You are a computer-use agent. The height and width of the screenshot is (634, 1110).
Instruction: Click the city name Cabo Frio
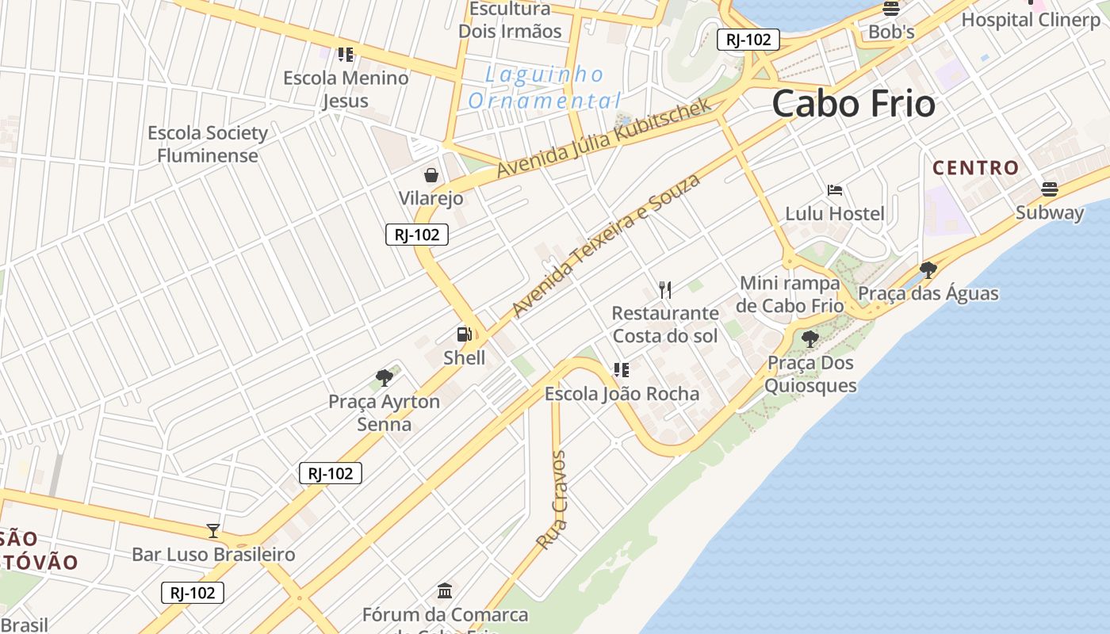(x=853, y=104)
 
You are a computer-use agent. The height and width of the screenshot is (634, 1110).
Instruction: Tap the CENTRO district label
(x=975, y=168)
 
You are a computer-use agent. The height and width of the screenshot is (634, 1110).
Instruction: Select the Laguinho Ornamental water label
(x=544, y=88)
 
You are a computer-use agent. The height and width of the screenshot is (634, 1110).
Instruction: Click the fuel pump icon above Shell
(x=465, y=335)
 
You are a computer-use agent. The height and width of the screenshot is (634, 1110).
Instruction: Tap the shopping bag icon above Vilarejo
(x=431, y=174)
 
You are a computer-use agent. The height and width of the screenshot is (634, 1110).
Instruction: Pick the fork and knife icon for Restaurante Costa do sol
(x=665, y=290)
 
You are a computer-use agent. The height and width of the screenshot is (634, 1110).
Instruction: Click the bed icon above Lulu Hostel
(x=834, y=190)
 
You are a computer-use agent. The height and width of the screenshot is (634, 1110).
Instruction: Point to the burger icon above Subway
(x=1050, y=189)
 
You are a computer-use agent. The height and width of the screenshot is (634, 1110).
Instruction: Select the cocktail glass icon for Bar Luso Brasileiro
(x=213, y=531)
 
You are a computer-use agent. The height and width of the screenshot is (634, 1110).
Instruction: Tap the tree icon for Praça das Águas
(x=928, y=269)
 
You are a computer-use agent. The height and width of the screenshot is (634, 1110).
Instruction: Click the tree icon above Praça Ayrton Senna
(x=385, y=377)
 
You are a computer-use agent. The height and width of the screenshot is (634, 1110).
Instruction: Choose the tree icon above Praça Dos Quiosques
(x=810, y=339)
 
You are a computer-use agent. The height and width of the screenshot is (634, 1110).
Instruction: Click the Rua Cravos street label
(x=552, y=500)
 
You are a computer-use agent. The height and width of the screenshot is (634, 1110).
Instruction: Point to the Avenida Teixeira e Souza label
(x=607, y=246)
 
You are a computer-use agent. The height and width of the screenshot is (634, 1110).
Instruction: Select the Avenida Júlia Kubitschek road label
(x=604, y=139)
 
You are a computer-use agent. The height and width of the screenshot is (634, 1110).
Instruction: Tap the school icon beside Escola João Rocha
(x=622, y=369)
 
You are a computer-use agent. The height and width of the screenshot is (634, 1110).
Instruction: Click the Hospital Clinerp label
(x=1031, y=20)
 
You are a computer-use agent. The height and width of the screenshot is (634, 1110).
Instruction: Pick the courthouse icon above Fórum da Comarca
(x=445, y=590)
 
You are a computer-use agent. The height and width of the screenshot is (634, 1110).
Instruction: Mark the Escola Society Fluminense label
(x=208, y=144)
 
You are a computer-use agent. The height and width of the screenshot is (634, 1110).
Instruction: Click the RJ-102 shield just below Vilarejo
(x=417, y=235)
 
